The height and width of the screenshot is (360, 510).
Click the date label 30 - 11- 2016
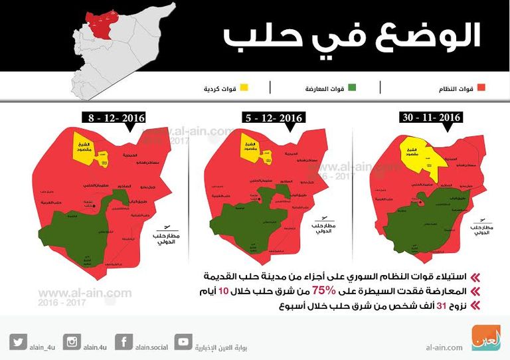[x=431, y=118]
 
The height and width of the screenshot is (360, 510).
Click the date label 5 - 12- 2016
[x=272, y=118]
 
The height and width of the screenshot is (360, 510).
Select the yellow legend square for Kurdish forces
[x=244, y=88]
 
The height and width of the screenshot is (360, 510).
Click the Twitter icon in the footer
[x=18, y=342]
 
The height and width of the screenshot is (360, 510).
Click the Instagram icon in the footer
[x=72, y=342]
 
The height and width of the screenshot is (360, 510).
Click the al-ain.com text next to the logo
[x=444, y=346]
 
